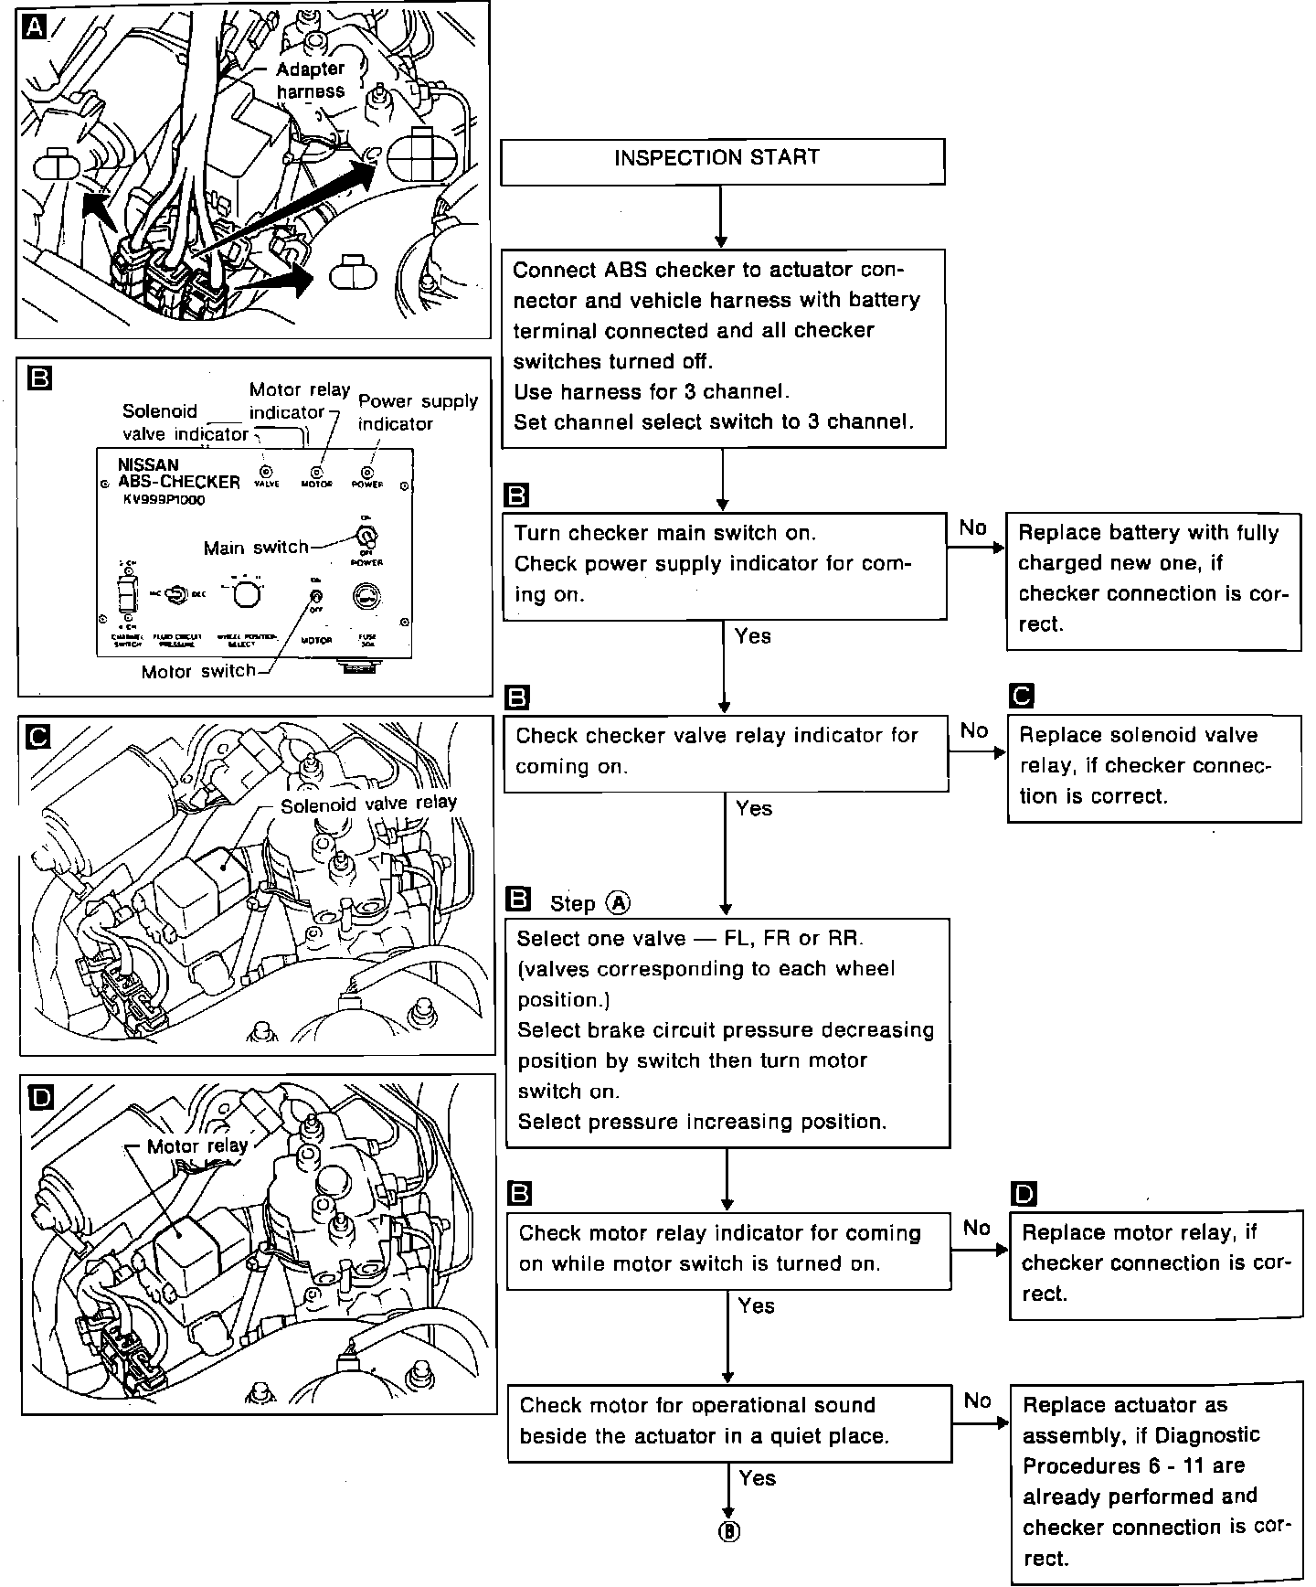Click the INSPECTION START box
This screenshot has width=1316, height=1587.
tap(722, 161)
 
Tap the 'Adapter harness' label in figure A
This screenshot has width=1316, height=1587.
tap(311, 80)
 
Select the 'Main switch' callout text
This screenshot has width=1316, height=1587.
tap(256, 548)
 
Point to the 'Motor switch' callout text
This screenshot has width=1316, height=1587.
tap(198, 672)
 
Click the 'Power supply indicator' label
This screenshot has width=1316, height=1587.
tap(418, 412)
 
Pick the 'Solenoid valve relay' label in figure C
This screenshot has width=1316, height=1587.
tap(368, 804)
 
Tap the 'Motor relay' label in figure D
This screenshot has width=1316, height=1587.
tap(197, 1146)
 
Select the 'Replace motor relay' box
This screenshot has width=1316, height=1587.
tap(1156, 1263)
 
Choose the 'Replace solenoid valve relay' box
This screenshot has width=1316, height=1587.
tap(1154, 766)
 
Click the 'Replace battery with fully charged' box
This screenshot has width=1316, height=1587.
tap(1153, 580)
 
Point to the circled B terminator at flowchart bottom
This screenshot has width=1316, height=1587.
tap(729, 1532)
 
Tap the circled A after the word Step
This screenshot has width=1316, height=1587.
tap(620, 903)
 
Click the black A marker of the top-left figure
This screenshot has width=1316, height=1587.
tap(34, 28)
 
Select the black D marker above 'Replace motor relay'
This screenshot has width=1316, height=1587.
tap(1024, 1194)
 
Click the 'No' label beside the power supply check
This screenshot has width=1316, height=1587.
tap(973, 527)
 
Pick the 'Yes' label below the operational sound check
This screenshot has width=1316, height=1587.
tap(757, 1478)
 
